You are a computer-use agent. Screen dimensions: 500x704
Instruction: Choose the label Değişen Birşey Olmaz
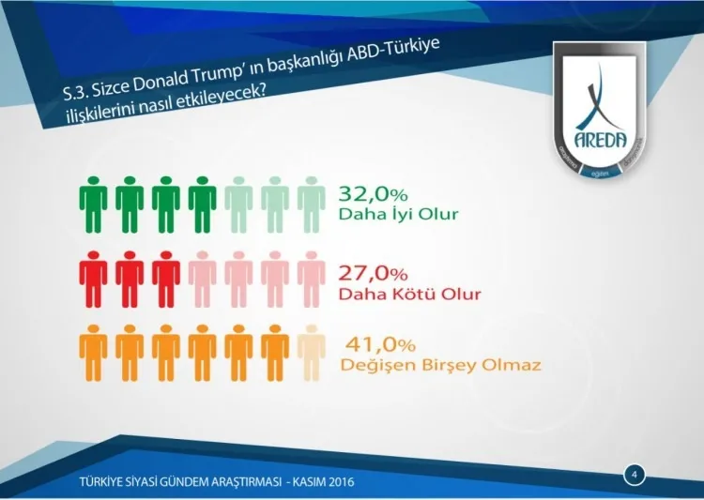click(440, 363)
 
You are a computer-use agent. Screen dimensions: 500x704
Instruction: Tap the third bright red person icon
click(165, 280)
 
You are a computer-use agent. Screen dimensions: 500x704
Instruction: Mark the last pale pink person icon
click(311, 280)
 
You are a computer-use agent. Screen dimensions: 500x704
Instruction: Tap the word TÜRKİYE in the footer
click(105, 484)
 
